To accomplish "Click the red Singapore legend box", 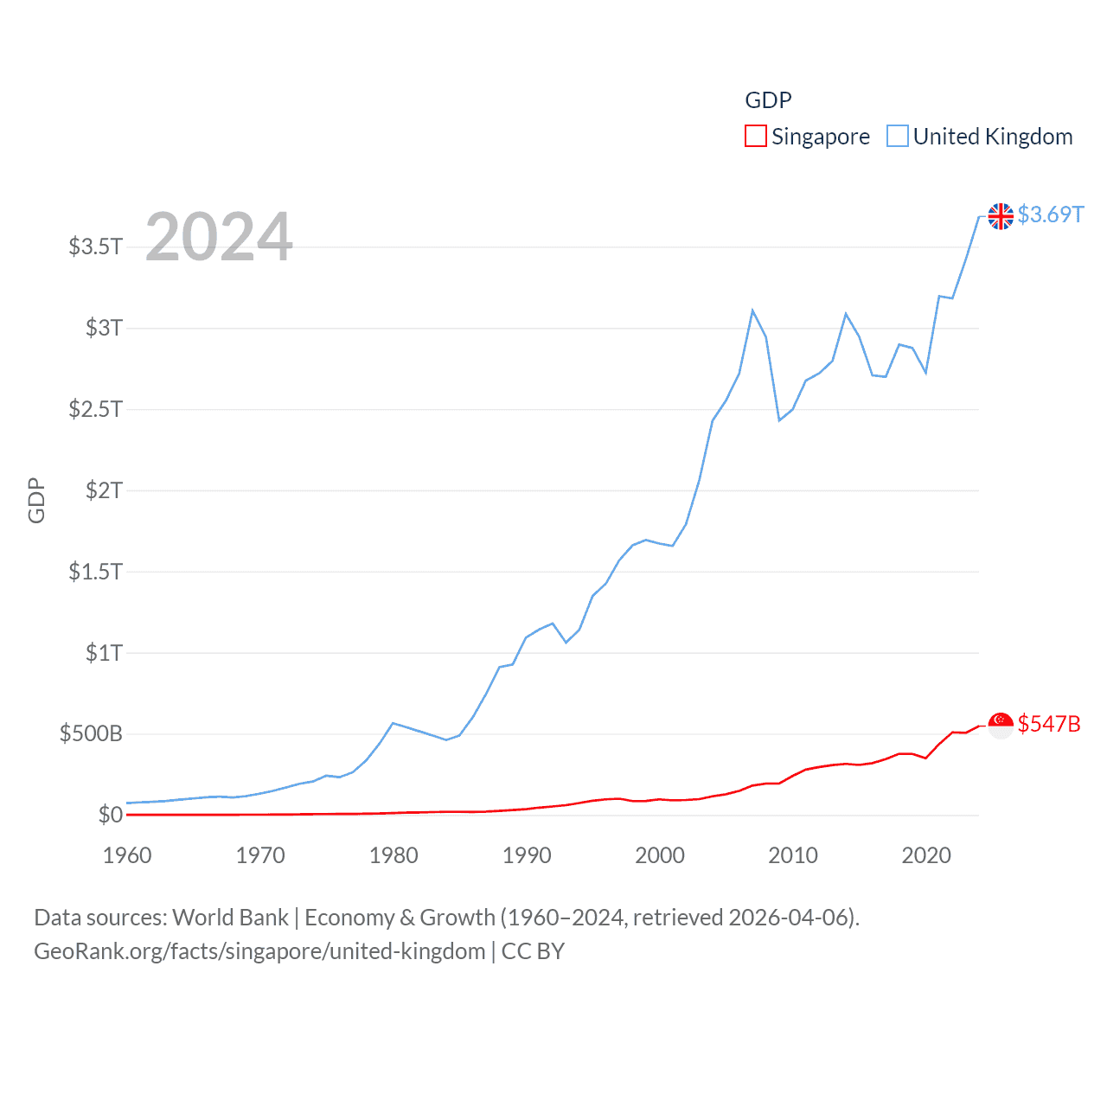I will tap(755, 137).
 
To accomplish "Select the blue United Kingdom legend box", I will tap(898, 137).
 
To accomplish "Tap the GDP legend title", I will tap(768, 100).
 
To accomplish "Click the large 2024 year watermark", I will tap(219, 237).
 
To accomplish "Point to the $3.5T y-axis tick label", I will tap(95, 246).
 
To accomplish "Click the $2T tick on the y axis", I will tap(104, 490).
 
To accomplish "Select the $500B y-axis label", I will tap(91, 734).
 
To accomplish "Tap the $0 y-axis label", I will tap(111, 815).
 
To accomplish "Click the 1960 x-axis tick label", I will tap(127, 855).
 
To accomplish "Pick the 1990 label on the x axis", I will tap(527, 855).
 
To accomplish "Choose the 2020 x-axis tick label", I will tap(926, 855).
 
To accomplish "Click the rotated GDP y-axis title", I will tap(36, 500).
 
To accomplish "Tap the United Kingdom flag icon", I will tap(1001, 216).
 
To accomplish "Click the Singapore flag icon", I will tap(1001, 726).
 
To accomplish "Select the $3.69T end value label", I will tap(1050, 214).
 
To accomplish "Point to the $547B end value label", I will tap(1049, 724).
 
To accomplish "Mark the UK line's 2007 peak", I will tap(752, 310).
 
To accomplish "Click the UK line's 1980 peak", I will tap(394, 723).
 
